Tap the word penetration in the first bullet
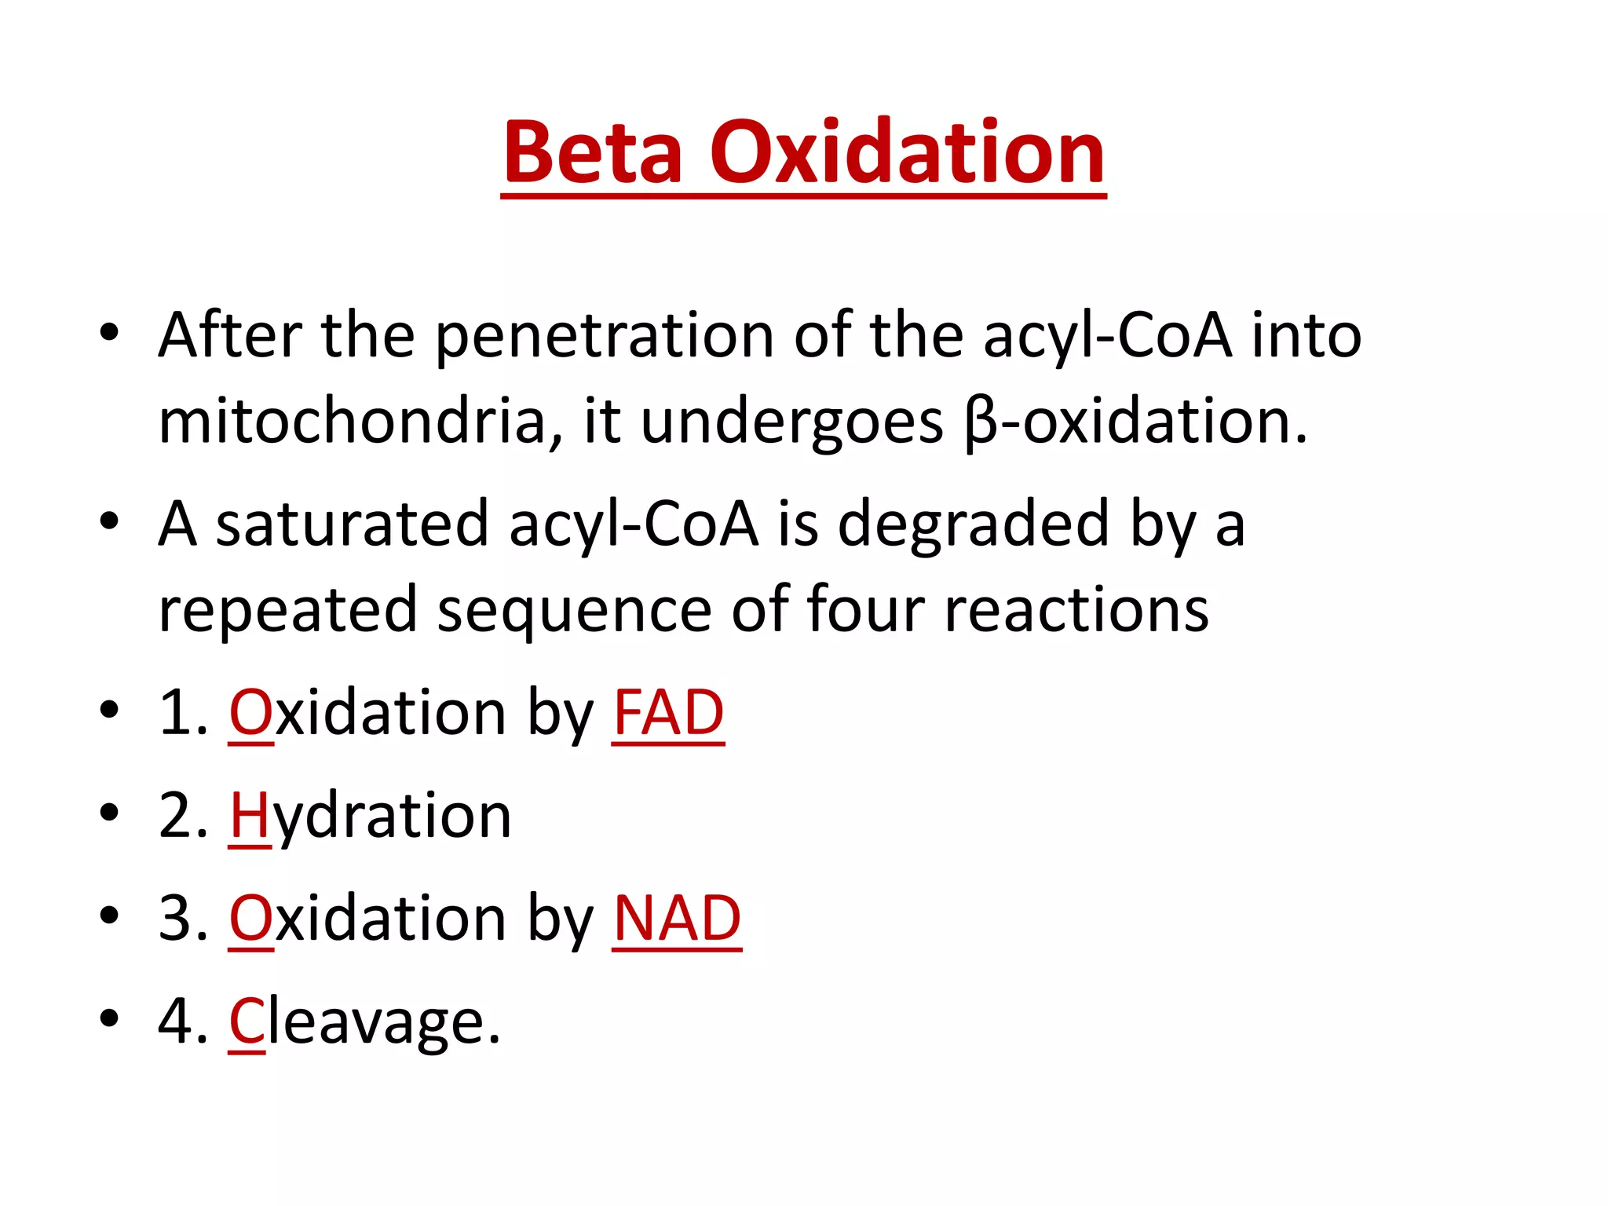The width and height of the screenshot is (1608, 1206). coord(605,336)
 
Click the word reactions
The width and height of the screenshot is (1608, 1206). coord(1076,609)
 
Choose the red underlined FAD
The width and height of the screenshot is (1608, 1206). coord(668,713)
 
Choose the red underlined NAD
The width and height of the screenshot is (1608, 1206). coord(677,918)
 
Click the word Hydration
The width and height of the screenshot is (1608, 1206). coord(370,817)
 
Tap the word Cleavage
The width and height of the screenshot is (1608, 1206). coord(364,1021)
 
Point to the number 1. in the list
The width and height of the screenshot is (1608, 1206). coord(183,713)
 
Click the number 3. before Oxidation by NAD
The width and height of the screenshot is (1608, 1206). coord(183,918)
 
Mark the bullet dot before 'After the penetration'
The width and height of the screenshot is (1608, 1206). coord(109,332)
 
